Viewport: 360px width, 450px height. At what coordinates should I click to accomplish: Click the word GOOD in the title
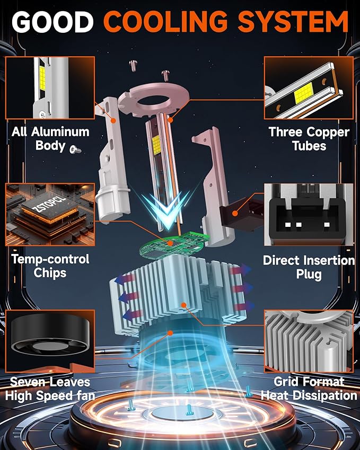point(53,22)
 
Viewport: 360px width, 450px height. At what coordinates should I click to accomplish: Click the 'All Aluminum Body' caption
point(50,139)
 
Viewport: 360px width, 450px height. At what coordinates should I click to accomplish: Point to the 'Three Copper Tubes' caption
point(309,139)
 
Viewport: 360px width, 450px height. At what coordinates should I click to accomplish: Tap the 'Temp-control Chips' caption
point(50,266)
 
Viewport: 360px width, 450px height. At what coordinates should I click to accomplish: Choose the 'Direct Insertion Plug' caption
point(309,267)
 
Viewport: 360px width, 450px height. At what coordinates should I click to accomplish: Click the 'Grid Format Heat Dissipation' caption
point(309,389)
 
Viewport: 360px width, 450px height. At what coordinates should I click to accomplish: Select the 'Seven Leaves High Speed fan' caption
point(50,389)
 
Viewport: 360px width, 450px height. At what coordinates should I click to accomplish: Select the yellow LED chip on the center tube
point(156,145)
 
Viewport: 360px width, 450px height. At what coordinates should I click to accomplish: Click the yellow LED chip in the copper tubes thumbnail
point(303,93)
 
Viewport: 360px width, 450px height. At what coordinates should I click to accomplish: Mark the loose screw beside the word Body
point(75,149)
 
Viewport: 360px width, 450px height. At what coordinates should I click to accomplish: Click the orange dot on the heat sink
point(184,305)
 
